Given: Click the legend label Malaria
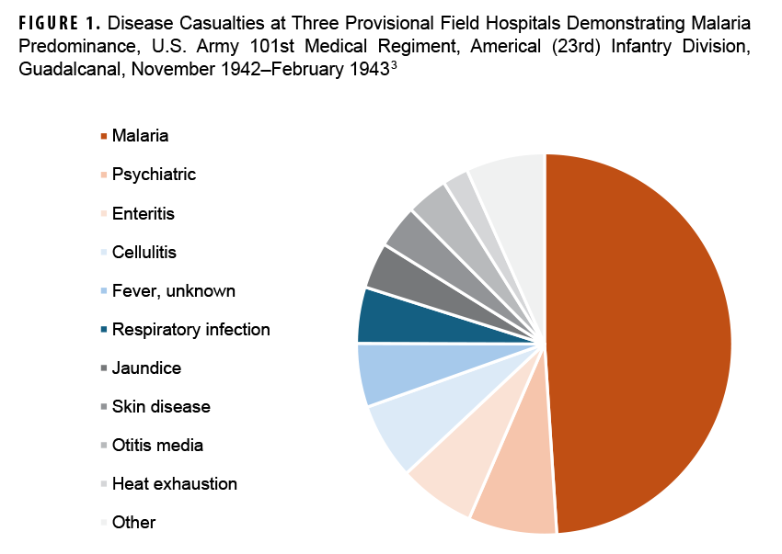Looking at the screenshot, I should click(140, 136).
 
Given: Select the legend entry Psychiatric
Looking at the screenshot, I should click(154, 175).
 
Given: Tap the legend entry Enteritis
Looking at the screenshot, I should click(143, 213).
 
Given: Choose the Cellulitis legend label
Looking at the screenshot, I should click(144, 252).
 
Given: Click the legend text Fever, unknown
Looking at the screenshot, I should click(173, 290).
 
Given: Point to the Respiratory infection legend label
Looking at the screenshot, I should click(190, 329).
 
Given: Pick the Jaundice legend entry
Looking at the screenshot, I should click(146, 367).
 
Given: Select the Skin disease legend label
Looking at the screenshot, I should click(161, 406).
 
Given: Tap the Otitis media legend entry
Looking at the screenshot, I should click(157, 445).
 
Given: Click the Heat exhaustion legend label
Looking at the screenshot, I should click(174, 483).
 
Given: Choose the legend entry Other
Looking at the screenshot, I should click(133, 522).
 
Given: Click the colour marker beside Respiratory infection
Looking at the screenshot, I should click(104, 330).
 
